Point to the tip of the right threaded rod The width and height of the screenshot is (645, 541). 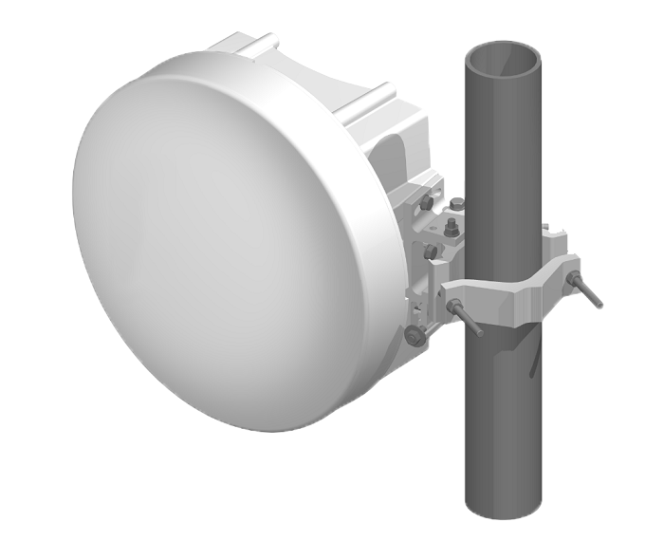[599, 305]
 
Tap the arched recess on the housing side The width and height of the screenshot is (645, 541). [395, 161]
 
